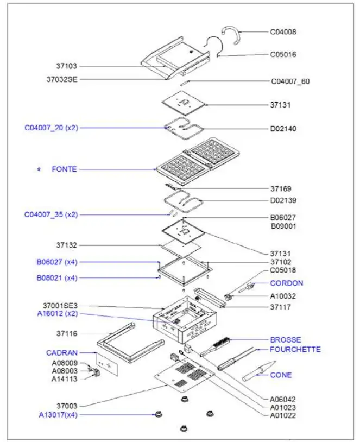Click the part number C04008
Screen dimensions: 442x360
[x=283, y=31]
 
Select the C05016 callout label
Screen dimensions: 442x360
[x=283, y=54]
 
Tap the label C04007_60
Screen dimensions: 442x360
[x=290, y=81]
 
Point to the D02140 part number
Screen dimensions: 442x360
[x=283, y=129]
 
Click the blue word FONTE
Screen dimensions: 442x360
[x=64, y=169]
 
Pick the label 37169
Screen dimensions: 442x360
[x=281, y=189]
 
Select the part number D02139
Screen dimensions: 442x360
[x=283, y=200]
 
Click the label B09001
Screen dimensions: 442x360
[x=283, y=226]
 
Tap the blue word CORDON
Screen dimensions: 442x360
[x=287, y=283]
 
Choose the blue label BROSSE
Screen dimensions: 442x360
[x=286, y=340]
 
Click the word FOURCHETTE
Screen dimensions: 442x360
[x=295, y=349]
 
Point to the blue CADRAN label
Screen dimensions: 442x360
[x=61, y=352]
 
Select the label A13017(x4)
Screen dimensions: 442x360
[x=58, y=415]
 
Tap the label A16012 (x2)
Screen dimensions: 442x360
[x=58, y=313]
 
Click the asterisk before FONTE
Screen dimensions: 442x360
[x=39, y=170]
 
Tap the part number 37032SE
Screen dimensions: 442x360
[x=62, y=79]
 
